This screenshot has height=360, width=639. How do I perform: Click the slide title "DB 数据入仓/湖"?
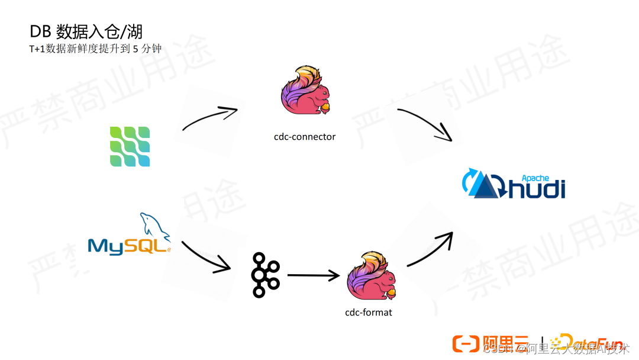[86, 32]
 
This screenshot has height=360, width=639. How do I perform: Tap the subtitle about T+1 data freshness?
[95, 49]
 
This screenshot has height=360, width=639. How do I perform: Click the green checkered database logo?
[130, 146]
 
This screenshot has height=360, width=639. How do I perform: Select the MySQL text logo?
[128, 245]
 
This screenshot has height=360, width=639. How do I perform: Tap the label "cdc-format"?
[368, 311]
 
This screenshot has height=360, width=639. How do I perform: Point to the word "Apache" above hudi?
[535, 178]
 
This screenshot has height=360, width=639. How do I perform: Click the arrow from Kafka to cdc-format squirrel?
[313, 275]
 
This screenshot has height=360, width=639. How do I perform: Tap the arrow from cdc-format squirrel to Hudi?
[430, 249]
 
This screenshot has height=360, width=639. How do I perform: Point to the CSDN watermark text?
[497, 349]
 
